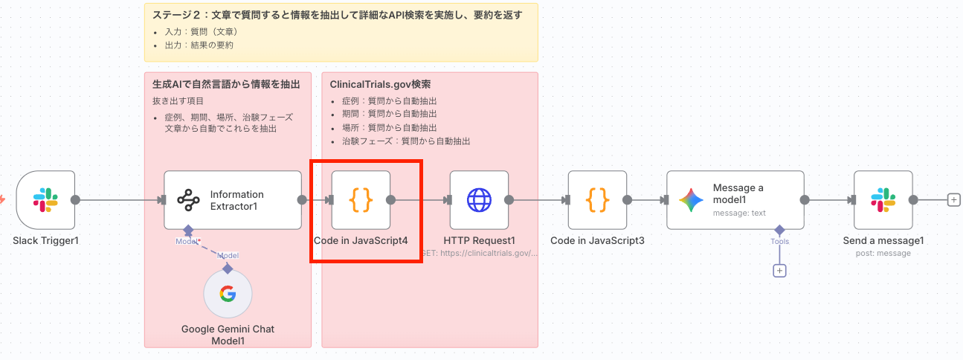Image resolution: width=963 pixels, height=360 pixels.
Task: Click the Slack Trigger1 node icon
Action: tap(45, 200)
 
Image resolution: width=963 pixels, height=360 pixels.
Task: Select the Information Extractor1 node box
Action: tap(233, 200)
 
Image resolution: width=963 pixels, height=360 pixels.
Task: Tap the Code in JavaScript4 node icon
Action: tap(361, 200)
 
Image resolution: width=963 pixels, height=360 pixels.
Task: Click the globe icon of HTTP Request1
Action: tap(479, 200)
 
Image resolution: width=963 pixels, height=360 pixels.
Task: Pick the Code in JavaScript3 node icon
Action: tap(597, 200)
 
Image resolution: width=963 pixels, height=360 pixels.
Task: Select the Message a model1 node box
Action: tap(735, 200)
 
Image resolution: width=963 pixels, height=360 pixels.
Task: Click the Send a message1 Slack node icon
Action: tap(883, 200)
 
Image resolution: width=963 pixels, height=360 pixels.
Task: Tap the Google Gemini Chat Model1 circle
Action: tap(228, 294)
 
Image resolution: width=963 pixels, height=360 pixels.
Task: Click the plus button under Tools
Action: tap(779, 271)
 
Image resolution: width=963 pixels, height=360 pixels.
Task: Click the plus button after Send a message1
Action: tap(953, 199)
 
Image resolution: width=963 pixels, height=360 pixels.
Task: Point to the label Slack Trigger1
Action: tap(45, 241)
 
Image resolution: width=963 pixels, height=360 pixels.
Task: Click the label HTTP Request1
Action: tap(479, 240)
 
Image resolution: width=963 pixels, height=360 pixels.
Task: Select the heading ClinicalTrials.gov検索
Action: tap(380, 85)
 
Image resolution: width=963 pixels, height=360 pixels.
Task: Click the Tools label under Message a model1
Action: tap(779, 241)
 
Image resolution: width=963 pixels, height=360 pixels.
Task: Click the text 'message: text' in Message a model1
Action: tap(739, 213)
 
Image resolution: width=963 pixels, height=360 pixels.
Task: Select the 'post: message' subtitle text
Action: tap(883, 253)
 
